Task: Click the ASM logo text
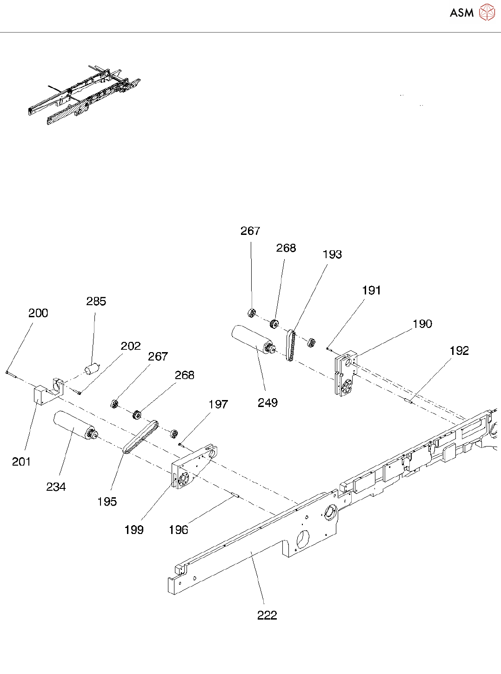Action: (461, 13)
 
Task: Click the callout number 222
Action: (267, 615)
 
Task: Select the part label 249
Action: (267, 403)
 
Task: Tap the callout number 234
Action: (56, 487)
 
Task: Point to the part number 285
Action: (96, 301)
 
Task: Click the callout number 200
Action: (38, 313)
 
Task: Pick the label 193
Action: (332, 254)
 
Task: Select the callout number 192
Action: (459, 351)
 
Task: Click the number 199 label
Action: (134, 530)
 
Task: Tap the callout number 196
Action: (179, 530)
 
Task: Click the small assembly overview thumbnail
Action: (84, 95)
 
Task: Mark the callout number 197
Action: (218, 405)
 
